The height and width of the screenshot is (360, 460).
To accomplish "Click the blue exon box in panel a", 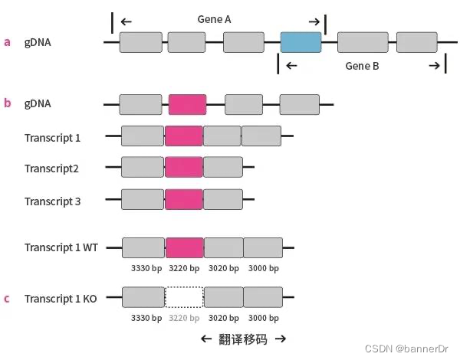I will (301, 42).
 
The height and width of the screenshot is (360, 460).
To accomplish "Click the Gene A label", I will (217, 20).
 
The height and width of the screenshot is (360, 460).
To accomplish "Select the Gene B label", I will (362, 66).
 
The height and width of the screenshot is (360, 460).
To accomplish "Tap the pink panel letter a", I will (8, 42).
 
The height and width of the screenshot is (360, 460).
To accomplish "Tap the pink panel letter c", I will (8, 298).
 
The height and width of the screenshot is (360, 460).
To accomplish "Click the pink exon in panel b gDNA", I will (187, 104).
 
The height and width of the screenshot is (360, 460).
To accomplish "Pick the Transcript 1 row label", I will (52, 138).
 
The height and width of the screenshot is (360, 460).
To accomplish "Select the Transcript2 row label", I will (51, 169).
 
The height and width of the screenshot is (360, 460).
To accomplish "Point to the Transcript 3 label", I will (52, 201).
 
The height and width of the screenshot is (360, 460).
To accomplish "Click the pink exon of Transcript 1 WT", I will (185, 247).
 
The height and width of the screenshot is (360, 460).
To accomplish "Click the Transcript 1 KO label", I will (61, 298).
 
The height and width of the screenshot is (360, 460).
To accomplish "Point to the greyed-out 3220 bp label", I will (184, 318).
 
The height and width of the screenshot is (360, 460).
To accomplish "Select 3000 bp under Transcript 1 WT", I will (264, 268).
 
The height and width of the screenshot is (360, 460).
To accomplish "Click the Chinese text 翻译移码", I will (243, 339).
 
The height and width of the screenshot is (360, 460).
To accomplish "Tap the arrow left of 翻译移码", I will (205, 339).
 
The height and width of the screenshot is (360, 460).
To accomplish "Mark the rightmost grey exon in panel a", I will (416, 42).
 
